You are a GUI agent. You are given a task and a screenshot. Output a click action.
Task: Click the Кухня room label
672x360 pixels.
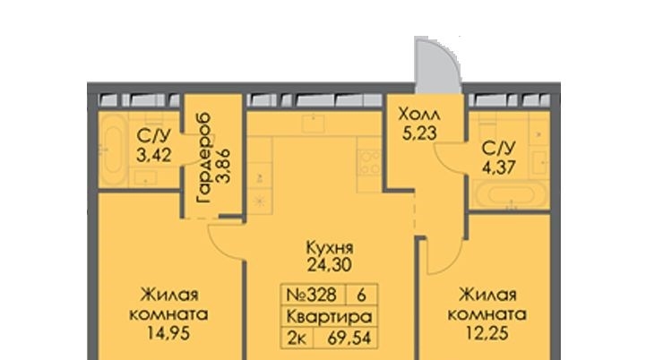[330, 248]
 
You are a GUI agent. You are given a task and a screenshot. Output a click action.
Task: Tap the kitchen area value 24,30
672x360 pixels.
[329, 265]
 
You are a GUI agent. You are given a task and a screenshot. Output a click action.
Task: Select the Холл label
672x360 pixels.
[418, 115]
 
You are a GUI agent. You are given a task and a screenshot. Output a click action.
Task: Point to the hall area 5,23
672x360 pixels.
[419, 133]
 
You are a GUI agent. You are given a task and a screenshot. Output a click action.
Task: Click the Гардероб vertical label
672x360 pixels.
[203, 158]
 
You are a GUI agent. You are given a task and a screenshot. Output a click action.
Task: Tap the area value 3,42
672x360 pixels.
[154, 156]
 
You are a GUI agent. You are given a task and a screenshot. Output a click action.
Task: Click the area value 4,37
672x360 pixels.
[498, 167]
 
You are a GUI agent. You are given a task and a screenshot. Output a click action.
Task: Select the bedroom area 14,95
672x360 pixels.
[168, 333]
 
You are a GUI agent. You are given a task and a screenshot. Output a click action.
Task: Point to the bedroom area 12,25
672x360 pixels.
[487, 333]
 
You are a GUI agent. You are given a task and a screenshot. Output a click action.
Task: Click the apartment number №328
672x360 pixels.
[311, 295]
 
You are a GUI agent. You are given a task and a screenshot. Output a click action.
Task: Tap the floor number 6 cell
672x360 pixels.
[361, 295]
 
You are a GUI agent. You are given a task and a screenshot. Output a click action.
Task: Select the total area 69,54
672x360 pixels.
[349, 339]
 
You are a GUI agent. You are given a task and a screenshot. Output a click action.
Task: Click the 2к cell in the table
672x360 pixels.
[297, 339]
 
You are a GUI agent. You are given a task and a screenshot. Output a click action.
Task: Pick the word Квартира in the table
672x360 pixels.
[329, 317]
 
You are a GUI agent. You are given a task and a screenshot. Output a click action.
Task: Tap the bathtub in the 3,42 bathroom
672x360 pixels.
[113, 149]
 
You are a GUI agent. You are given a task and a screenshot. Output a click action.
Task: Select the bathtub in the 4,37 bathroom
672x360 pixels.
[510, 195]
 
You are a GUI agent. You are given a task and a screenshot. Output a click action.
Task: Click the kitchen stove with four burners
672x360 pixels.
[369, 162]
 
